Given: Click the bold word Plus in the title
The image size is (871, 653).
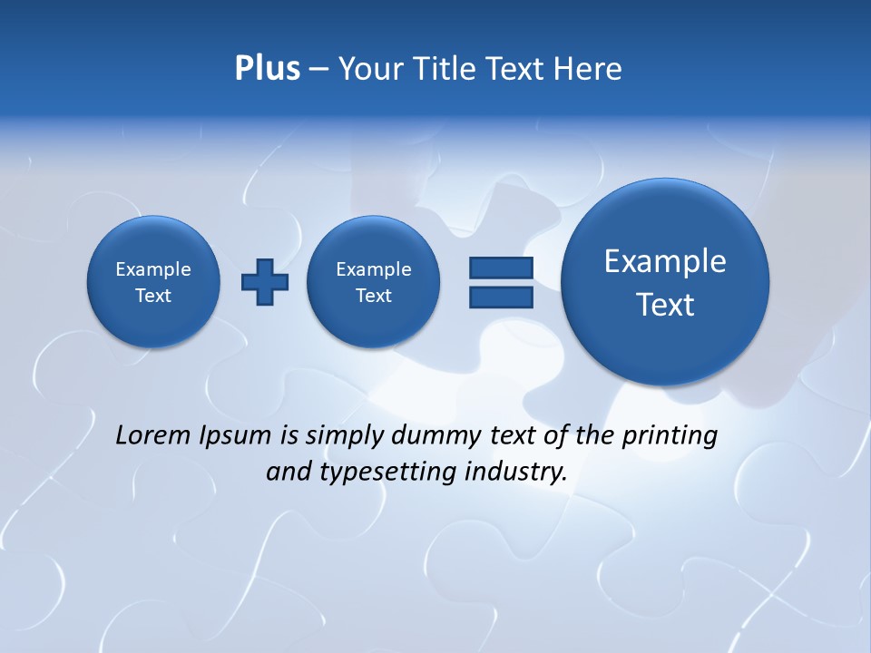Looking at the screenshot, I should coord(267,69).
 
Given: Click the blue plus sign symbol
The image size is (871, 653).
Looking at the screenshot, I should coord(265,282).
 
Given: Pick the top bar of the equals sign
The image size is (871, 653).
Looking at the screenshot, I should coord(501,268).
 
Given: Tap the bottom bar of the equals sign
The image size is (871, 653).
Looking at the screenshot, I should coord(501,297).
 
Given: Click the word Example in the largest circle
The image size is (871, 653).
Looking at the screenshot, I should coord(665,261).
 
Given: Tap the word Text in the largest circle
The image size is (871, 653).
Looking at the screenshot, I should coord(665,305).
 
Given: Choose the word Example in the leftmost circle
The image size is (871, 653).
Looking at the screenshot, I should coord(153,269).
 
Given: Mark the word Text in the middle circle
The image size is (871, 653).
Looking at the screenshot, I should coord(374,296).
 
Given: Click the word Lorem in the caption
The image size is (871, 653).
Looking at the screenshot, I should coord(153,435).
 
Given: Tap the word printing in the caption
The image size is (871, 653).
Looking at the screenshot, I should coord(669,436).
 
